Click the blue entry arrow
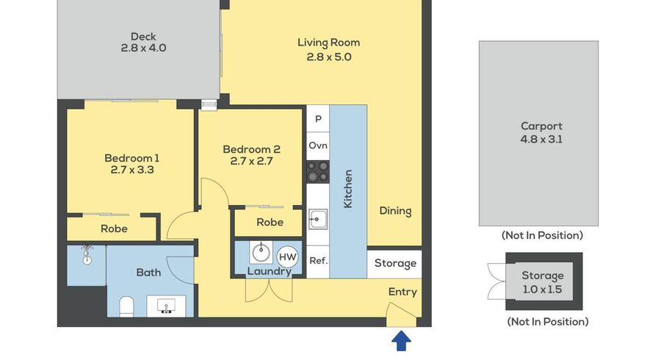point(400,341)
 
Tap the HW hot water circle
point(287,256)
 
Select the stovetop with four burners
point(317,172)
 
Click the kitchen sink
point(317,217)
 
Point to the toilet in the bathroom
point(126,304)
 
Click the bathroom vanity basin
point(167,305)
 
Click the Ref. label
point(317,261)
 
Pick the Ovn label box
point(317,145)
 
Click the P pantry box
point(317,118)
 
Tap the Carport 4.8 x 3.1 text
point(541,132)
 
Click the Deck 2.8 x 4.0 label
point(144,42)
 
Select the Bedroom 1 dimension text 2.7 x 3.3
point(131,170)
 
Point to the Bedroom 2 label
point(251,149)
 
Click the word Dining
point(395,211)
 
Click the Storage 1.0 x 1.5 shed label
point(542,282)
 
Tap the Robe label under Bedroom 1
point(114,228)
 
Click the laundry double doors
point(263,289)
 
